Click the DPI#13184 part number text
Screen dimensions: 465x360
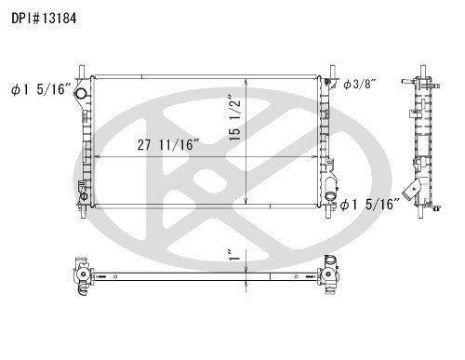pos(44,19)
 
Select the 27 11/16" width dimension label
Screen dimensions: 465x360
pos(168,145)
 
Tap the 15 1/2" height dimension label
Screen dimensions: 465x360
pos(234,117)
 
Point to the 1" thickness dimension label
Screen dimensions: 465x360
pos(234,254)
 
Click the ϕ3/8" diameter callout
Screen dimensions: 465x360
pos(360,84)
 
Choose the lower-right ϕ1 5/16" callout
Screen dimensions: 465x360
pos(370,205)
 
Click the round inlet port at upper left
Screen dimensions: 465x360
pos(81,93)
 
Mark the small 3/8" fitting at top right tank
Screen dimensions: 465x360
pos(327,82)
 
